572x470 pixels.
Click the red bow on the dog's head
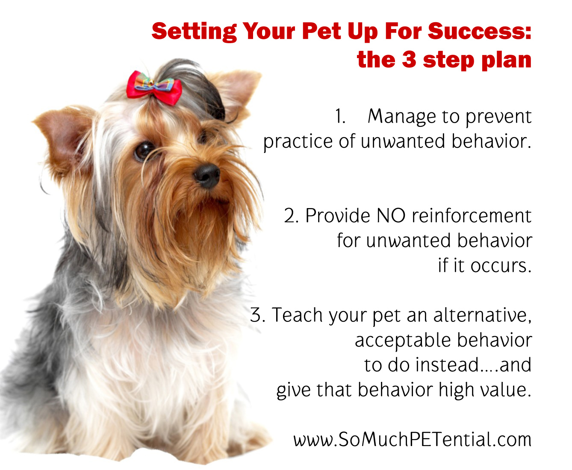click(154, 88)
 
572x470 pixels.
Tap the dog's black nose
click(207, 174)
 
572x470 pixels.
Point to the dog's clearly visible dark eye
click(144, 150)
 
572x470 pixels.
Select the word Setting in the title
click(194, 32)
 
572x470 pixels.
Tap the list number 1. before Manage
click(340, 116)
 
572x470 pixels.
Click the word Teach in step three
click(297, 315)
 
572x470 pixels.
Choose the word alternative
click(482, 315)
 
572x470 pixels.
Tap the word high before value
click(466, 390)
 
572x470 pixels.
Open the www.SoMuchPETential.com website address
click(412, 440)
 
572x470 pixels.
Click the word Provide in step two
click(338, 215)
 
